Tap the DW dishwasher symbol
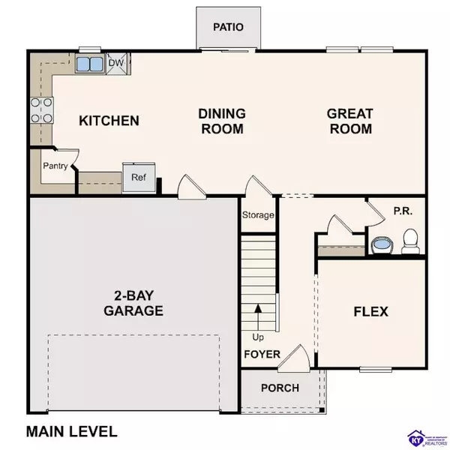(x=116, y=64)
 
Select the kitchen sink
(x=90, y=64)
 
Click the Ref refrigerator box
(x=139, y=178)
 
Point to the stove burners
(x=41, y=109)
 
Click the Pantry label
(x=55, y=166)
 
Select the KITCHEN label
(x=109, y=121)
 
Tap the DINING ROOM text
(x=221, y=121)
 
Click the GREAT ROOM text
(x=349, y=121)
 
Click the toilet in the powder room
(x=409, y=241)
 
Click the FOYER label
(x=262, y=354)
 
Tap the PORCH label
(x=280, y=388)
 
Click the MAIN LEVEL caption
(x=72, y=431)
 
